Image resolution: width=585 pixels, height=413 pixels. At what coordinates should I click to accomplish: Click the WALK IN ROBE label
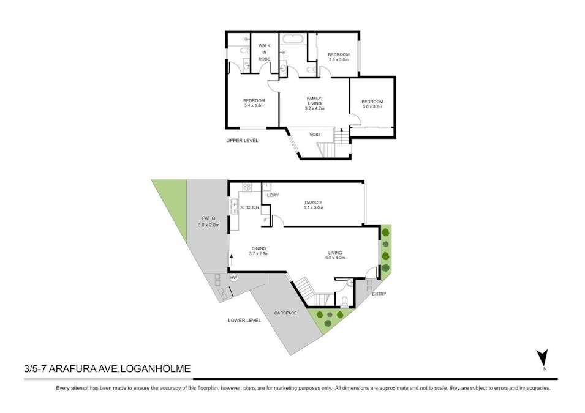pos(264,52)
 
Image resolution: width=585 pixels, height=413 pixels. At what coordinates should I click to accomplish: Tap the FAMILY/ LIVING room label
pos(315,103)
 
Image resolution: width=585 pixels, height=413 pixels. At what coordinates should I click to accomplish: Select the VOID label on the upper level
pos(315,135)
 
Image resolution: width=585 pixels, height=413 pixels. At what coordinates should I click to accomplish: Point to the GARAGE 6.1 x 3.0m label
pos(313,205)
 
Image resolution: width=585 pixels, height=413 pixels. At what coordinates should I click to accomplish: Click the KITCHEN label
pos(249,207)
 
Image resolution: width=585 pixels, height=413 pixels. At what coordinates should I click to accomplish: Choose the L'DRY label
pos(273,195)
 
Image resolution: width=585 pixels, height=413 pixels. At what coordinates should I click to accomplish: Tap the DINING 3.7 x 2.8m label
pos(260,251)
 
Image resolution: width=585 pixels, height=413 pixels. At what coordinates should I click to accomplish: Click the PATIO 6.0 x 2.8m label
pos(208,221)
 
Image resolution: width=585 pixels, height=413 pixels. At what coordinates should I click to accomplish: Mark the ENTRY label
pos(379,294)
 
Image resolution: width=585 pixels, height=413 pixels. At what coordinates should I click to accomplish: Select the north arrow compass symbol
pos(543,359)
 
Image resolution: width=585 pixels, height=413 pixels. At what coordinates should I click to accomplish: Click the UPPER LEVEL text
pos(242,140)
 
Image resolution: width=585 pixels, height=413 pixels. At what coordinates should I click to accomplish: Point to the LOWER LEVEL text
pos(244,320)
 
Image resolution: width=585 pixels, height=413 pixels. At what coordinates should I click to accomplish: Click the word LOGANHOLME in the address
pos(156,368)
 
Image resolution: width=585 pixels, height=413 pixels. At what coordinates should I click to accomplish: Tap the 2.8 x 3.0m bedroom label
pos(338,57)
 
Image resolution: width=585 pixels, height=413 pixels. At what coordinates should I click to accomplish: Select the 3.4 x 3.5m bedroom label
pos(254,103)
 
